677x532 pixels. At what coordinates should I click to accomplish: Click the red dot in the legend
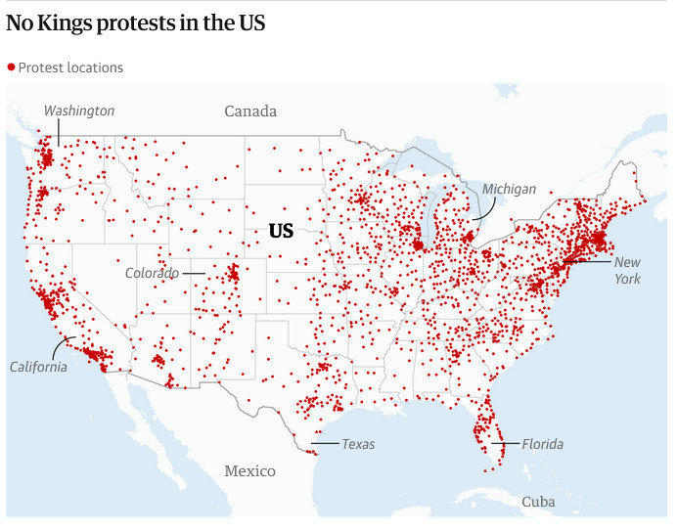pos(11,66)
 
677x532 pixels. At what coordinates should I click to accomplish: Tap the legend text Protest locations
pos(70,67)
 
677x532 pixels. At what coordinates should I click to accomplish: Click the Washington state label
pos(79,111)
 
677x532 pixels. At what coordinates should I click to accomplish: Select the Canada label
pos(250,111)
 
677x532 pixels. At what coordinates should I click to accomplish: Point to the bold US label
pos(281,232)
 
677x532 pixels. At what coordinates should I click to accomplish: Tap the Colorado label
pos(152,273)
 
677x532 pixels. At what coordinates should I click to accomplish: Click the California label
pos(38,367)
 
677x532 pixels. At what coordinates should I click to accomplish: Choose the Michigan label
pos(509,189)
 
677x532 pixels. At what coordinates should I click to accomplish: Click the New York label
pos(627,270)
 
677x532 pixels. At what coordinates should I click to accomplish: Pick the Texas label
pos(358,444)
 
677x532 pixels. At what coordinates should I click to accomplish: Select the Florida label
pos(542,444)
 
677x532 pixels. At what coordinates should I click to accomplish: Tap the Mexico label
pos(249,471)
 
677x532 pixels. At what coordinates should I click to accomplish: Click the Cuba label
pos(538,502)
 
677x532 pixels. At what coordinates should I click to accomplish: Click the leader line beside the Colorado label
pos(193,273)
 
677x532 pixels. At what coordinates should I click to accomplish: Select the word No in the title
pos(21,21)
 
